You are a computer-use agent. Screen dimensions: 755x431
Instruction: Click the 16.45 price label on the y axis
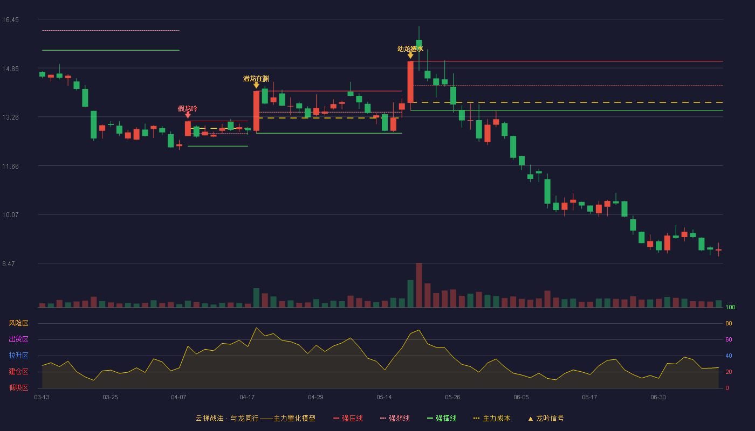(x=10, y=20)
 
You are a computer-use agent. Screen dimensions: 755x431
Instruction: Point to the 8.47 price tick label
(x=9, y=263)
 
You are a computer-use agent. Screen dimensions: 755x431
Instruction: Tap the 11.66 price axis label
(x=10, y=166)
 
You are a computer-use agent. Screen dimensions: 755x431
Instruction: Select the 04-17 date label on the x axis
(x=247, y=398)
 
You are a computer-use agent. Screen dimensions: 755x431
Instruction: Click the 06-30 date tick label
(x=658, y=398)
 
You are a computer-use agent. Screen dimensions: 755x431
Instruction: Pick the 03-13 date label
(x=42, y=398)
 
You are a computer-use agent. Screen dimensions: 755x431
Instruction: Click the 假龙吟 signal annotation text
(x=188, y=108)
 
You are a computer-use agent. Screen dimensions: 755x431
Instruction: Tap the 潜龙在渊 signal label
(x=256, y=79)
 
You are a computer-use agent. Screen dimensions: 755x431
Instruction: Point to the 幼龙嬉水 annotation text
(x=410, y=49)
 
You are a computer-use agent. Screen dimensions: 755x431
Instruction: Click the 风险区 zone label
(x=18, y=323)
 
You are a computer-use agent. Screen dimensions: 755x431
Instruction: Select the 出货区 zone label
(x=18, y=339)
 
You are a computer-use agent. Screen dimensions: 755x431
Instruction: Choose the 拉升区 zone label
(x=18, y=355)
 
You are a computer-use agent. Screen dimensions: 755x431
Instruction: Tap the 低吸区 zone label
(x=18, y=387)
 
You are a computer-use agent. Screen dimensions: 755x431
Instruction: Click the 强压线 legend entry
(x=348, y=418)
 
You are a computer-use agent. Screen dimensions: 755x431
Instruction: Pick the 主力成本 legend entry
(x=492, y=418)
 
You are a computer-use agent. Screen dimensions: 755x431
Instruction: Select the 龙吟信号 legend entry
(x=546, y=418)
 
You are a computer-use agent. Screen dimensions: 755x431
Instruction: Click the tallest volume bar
(x=419, y=285)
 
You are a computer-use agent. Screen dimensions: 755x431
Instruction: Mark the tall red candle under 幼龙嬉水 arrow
(x=410, y=82)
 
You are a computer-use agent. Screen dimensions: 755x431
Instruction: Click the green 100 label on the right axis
(x=730, y=307)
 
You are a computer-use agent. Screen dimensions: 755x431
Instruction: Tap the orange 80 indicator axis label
(x=729, y=323)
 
